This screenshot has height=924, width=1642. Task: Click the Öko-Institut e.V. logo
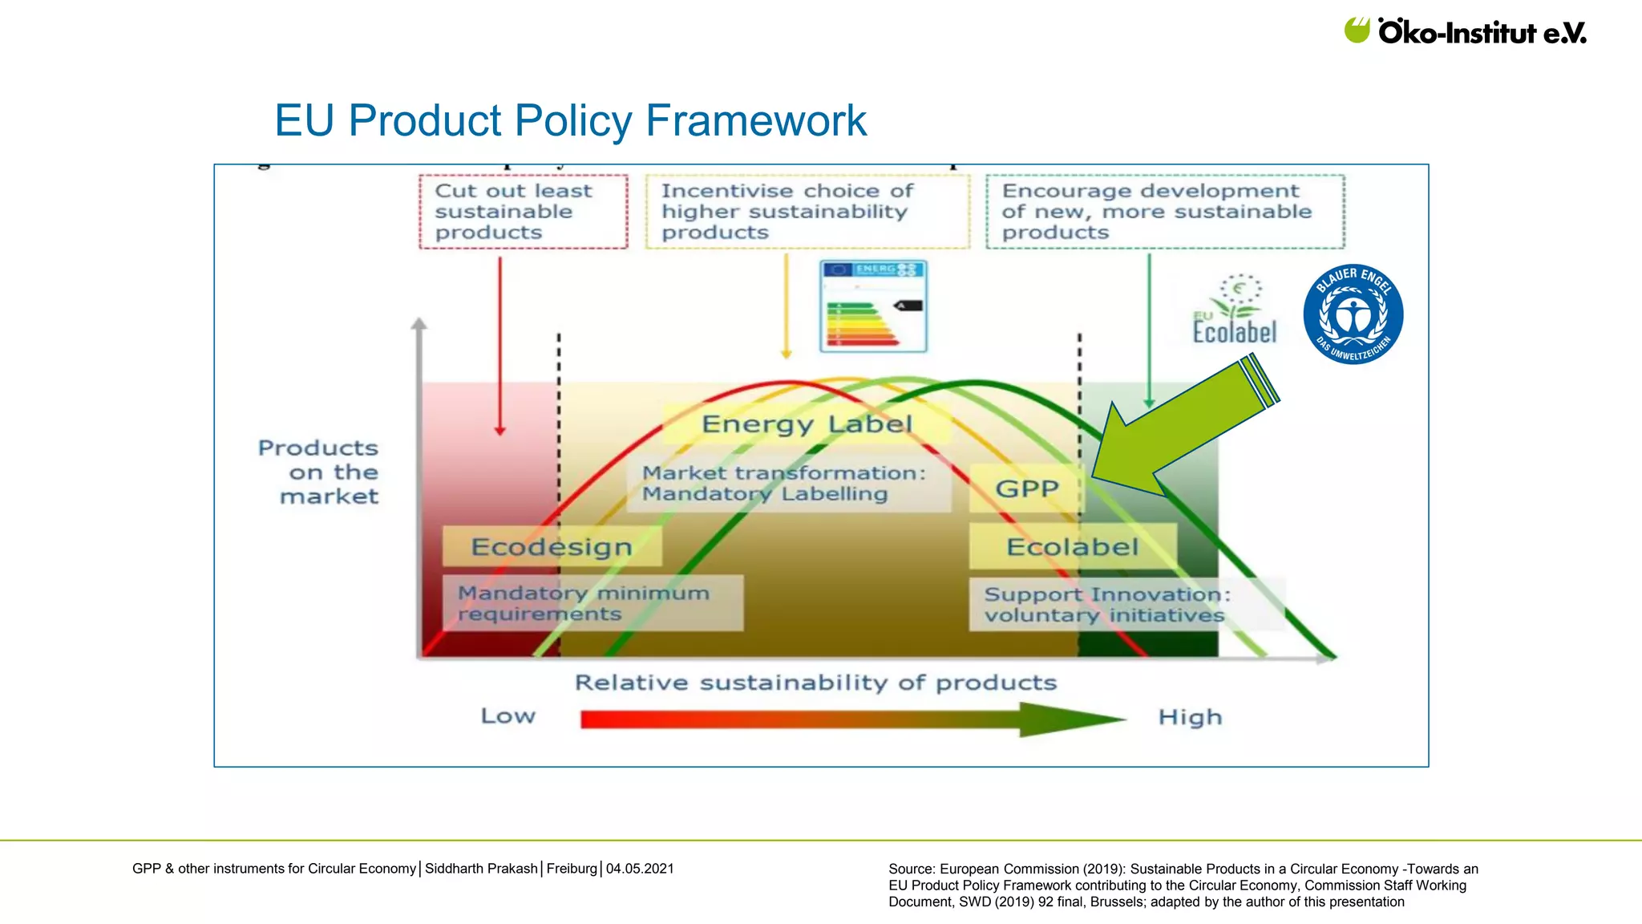tap(1465, 31)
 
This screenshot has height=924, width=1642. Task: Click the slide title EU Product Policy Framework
tap(570, 121)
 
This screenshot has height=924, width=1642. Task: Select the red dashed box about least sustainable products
tap(523, 212)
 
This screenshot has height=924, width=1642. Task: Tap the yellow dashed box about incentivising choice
tap(807, 212)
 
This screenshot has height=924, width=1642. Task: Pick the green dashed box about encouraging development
tap(1164, 212)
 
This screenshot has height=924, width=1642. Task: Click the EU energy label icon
tap(873, 306)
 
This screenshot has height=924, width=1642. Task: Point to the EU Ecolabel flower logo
tap(1235, 310)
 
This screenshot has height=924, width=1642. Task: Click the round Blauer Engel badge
tap(1353, 314)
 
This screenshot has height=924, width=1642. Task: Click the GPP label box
tap(1025, 488)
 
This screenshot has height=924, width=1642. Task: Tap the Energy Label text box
tap(807, 423)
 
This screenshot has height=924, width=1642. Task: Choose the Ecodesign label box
tap(552, 546)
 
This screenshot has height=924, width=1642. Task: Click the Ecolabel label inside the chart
tap(1072, 546)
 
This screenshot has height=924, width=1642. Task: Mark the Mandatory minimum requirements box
tap(592, 603)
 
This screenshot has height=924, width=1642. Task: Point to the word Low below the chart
tap(508, 715)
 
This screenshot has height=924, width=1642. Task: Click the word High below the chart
tap(1190, 717)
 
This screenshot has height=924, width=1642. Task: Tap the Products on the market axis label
tap(321, 472)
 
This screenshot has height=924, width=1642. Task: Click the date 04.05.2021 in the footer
tap(640, 869)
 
